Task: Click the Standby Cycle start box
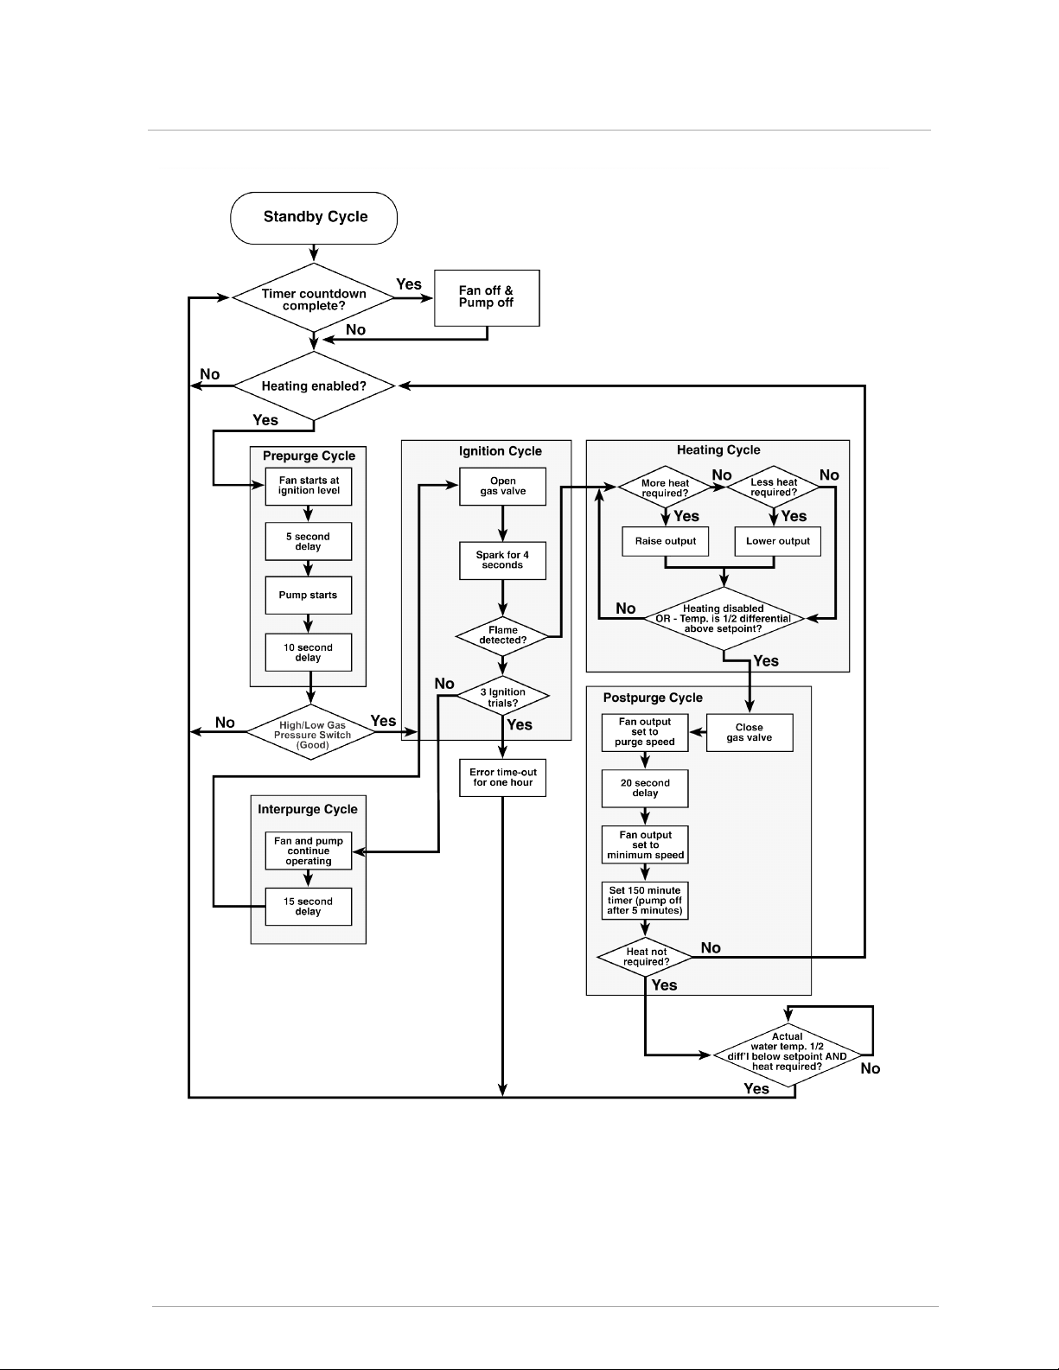point(314,218)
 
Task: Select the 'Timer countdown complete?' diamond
point(314,297)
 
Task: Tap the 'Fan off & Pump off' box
point(487,298)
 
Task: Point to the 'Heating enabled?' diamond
point(314,386)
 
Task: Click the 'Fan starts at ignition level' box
point(309,486)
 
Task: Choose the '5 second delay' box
point(309,542)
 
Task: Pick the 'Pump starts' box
point(309,596)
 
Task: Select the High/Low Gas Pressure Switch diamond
point(311,733)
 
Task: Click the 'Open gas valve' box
point(502,486)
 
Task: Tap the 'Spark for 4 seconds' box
point(502,560)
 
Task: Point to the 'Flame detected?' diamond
point(502,636)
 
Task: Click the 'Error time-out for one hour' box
point(502,778)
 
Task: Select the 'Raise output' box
point(665,542)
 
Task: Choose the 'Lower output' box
point(778,542)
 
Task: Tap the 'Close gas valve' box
point(750,733)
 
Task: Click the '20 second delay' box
point(645,788)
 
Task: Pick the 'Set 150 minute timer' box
point(645,901)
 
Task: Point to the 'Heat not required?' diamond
point(645,957)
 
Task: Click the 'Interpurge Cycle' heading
point(308,810)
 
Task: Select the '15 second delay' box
point(309,907)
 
